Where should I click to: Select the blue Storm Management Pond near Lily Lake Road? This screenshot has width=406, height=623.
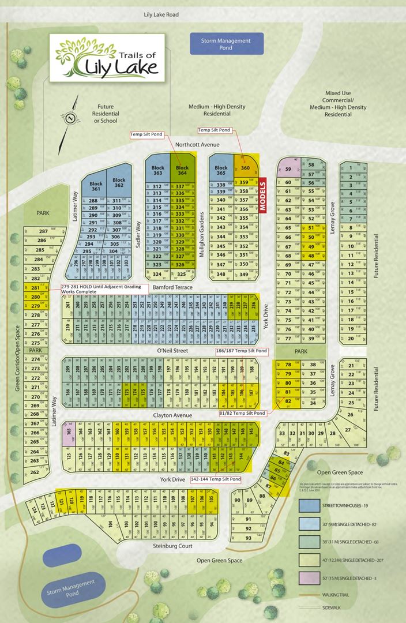click(x=226, y=44)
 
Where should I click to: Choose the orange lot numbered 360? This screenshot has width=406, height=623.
click(x=246, y=168)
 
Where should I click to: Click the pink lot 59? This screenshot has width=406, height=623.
click(x=287, y=170)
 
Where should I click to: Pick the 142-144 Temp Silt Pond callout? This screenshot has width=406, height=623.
click(x=216, y=479)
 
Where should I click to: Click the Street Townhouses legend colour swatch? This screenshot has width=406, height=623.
click(x=310, y=505)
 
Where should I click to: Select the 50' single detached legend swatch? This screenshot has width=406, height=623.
click(x=310, y=577)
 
